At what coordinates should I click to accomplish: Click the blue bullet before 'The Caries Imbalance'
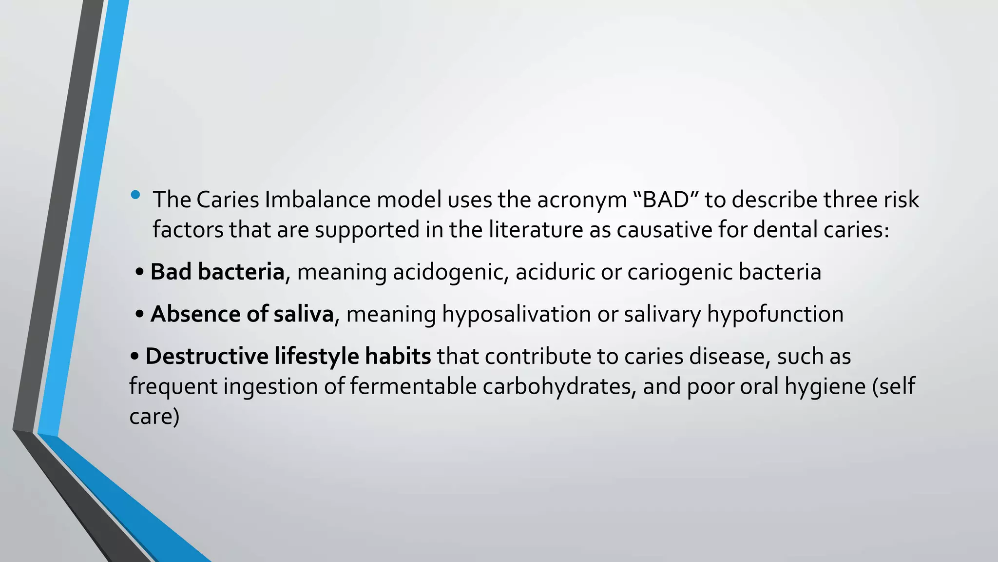point(135,196)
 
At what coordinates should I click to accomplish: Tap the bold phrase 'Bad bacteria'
point(217,272)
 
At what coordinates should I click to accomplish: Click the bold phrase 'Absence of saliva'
point(242,314)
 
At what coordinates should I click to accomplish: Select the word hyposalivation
point(516,314)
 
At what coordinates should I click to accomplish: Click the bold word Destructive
point(207,356)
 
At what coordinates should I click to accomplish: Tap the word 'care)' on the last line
point(154,417)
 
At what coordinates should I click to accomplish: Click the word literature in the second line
point(536,230)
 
